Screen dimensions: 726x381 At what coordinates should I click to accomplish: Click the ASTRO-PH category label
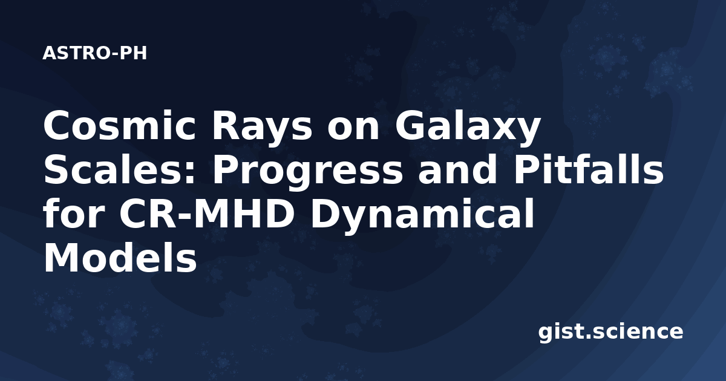[94, 53]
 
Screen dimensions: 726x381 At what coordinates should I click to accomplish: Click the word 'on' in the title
[353, 129]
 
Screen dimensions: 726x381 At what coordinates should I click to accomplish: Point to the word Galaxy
[468, 129]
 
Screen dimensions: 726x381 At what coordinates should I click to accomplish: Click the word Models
[120, 256]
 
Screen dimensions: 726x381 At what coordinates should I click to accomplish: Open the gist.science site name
[610, 331]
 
